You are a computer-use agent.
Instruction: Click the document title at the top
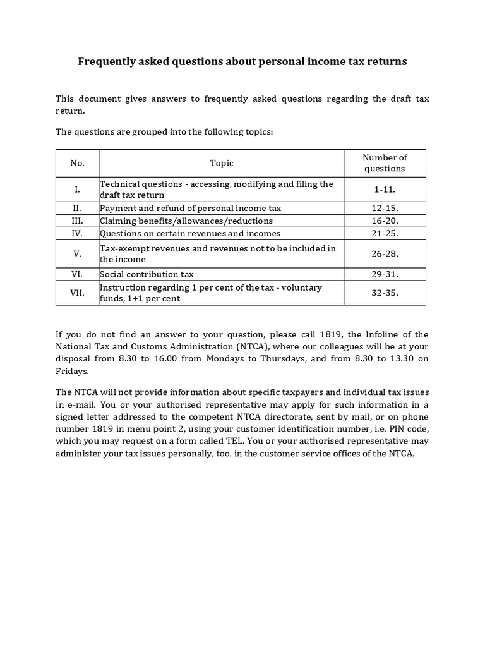click(242, 61)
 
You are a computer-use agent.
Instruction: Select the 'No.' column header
click(78, 163)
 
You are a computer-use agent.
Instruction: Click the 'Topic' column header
click(222, 163)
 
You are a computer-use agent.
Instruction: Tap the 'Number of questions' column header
click(385, 163)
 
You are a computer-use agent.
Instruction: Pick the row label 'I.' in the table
click(78, 190)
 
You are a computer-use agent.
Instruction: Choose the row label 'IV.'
click(78, 233)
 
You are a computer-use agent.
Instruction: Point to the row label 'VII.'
click(78, 293)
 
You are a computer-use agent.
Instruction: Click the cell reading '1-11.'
click(385, 190)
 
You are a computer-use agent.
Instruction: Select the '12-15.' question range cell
click(385, 208)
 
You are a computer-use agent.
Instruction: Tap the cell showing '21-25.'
click(385, 233)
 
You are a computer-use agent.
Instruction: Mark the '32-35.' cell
click(385, 293)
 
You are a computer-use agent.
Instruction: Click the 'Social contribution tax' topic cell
click(147, 274)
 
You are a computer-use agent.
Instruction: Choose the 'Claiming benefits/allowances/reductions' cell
click(186, 221)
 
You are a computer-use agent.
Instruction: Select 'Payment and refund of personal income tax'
click(190, 208)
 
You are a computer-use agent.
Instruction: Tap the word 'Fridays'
click(72, 371)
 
